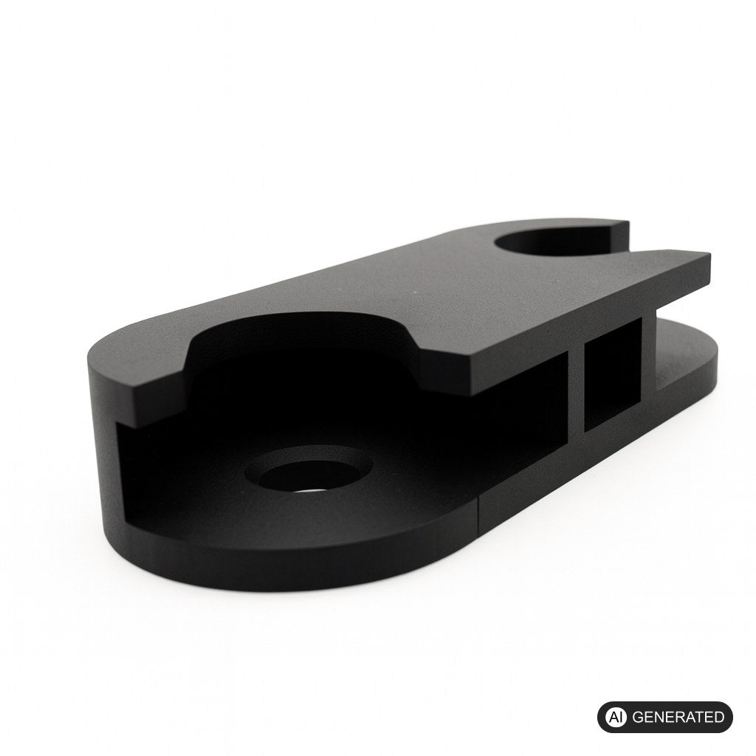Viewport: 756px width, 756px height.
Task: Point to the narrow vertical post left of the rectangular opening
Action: click(x=576, y=393)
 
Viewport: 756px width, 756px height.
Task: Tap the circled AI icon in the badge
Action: click(x=615, y=717)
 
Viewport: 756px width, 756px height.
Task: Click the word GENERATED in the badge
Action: click(x=678, y=717)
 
